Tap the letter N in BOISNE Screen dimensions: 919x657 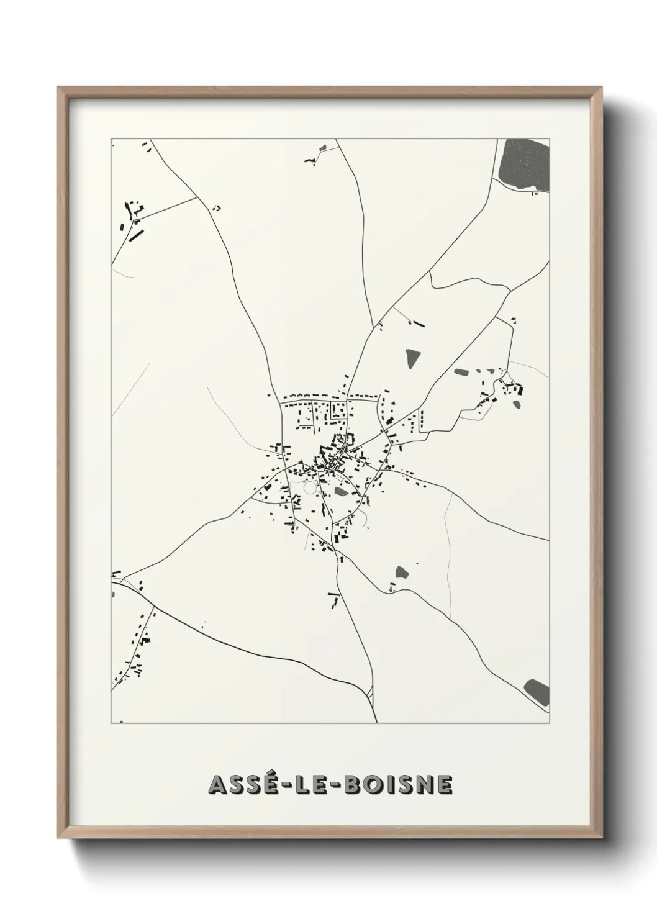[422, 785]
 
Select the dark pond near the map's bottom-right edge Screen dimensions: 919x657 [537, 690]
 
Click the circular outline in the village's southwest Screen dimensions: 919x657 [309, 488]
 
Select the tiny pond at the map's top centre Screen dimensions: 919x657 [322, 148]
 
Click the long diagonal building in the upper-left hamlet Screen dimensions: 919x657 [135, 236]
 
